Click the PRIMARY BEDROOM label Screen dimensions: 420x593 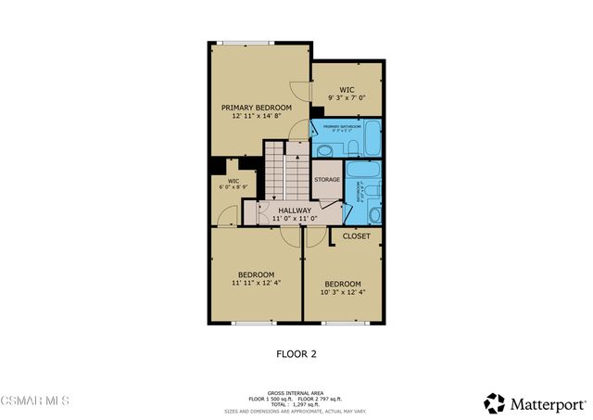point(256,108)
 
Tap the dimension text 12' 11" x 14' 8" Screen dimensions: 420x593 point(256,118)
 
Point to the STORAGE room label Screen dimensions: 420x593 point(326,179)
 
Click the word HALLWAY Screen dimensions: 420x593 point(295,210)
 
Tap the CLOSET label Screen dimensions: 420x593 point(356,236)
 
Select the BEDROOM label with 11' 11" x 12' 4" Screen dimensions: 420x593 point(256,274)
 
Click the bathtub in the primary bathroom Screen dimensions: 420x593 point(371,137)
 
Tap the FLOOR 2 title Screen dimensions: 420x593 point(296,353)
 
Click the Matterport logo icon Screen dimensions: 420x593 point(494,403)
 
